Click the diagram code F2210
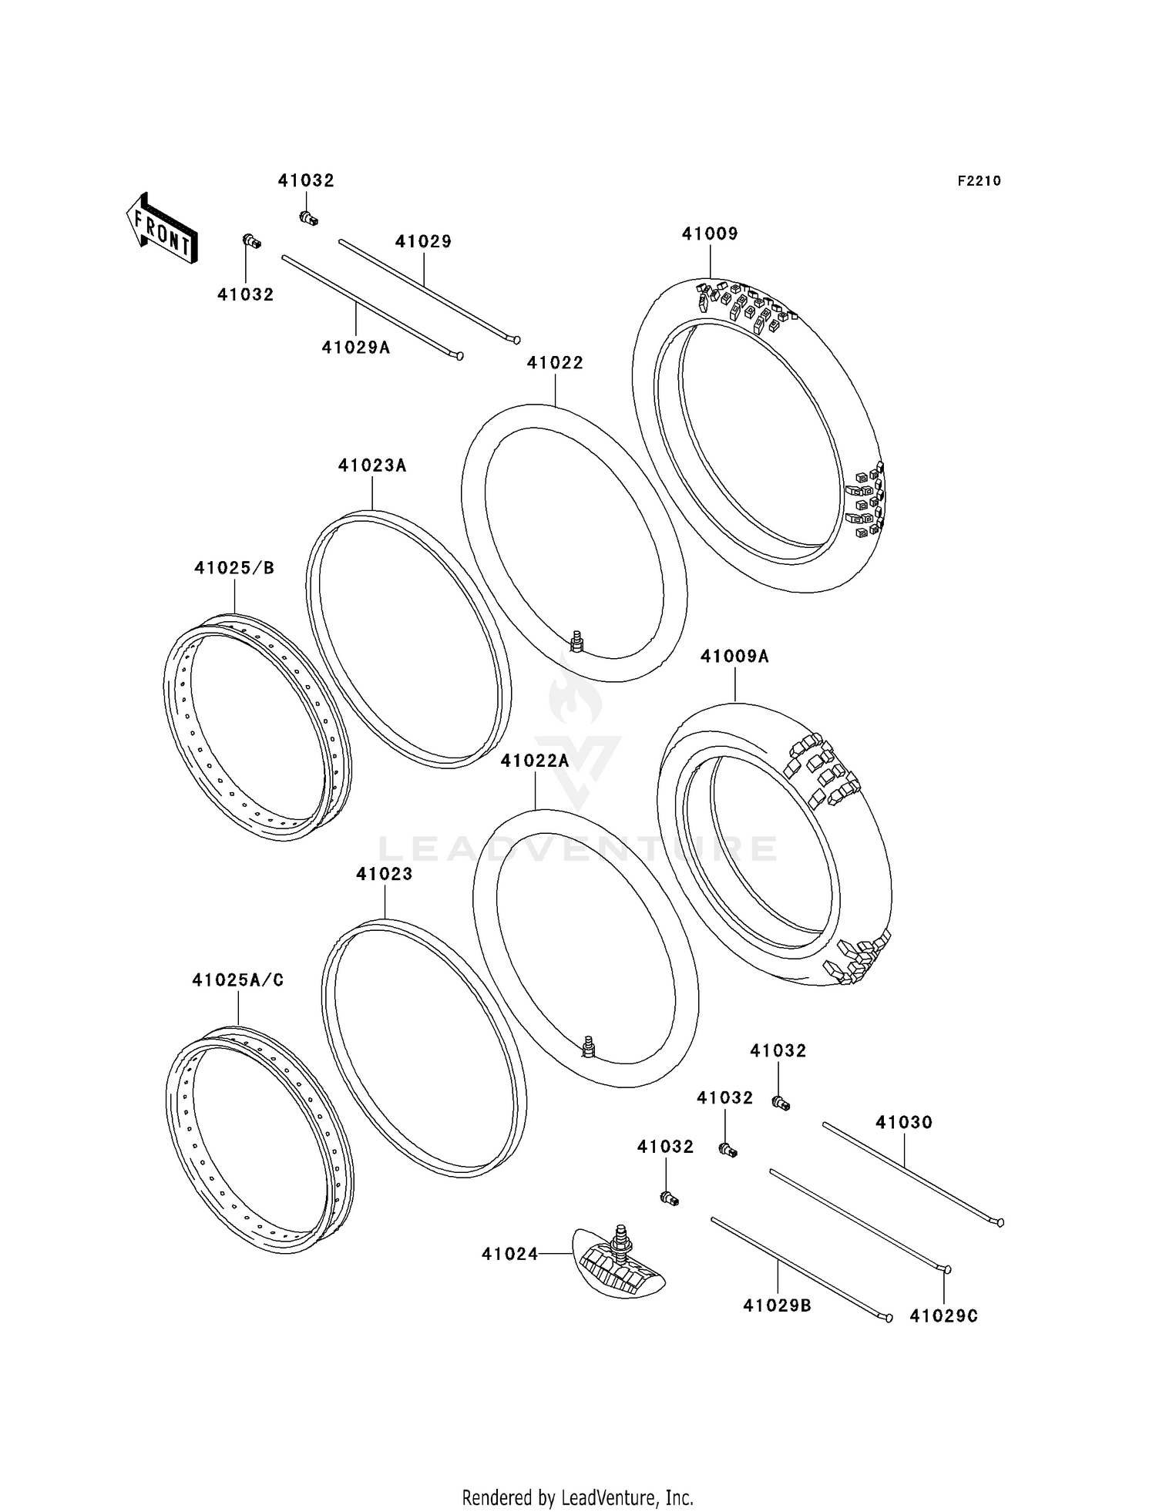click(x=979, y=181)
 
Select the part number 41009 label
click(x=709, y=234)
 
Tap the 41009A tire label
click(x=734, y=657)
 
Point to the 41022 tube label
click(x=555, y=363)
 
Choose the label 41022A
click(x=534, y=761)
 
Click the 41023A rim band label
click(x=371, y=465)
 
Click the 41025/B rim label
click(x=234, y=568)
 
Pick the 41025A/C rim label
click(x=238, y=980)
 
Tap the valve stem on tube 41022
click(x=576, y=640)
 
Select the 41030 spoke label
click(x=903, y=1123)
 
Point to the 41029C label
click(x=943, y=1316)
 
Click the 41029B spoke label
click(x=777, y=1305)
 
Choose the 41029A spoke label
click(x=356, y=348)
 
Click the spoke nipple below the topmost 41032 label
click(x=308, y=219)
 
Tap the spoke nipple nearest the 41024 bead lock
click(x=669, y=1198)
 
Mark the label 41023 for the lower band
click(x=384, y=874)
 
